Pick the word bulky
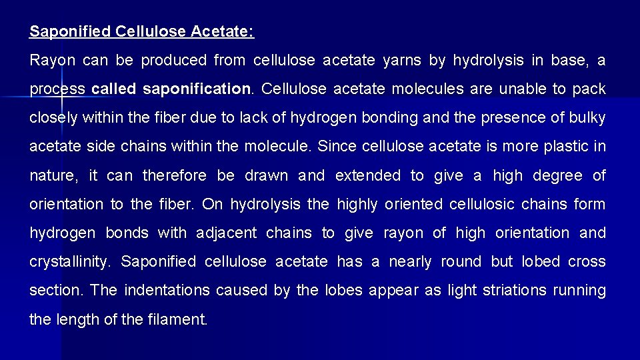point(587,118)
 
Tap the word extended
point(368,175)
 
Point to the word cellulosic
point(476,204)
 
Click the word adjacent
point(226,233)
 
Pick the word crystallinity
point(69,262)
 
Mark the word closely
point(54,118)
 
